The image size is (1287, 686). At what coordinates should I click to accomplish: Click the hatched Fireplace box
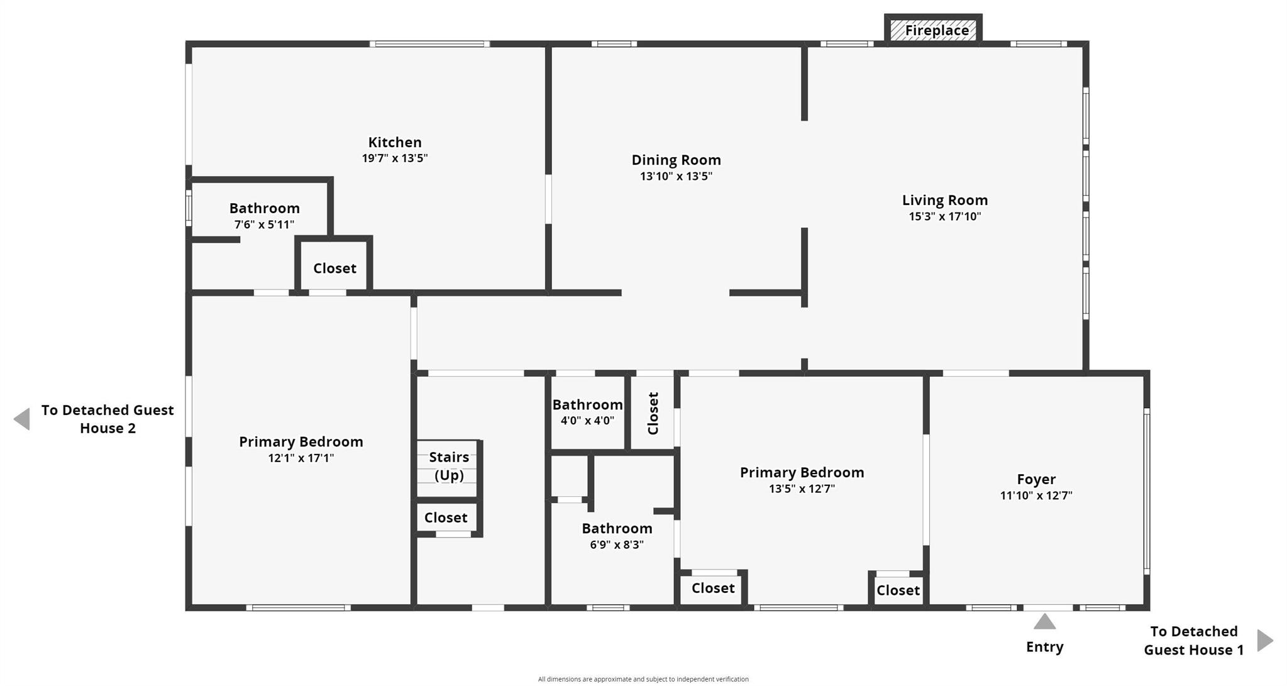(x=934, y=30)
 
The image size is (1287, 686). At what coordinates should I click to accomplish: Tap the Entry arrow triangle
(x=1044, y=622)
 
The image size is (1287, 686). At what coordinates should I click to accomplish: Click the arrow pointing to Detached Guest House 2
(x=22, y=419)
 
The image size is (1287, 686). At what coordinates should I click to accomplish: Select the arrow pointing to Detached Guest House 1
(x=1264, y=640)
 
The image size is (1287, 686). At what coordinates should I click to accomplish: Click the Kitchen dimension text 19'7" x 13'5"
(x=394, y=158)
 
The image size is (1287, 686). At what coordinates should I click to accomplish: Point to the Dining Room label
(x=676, y=160)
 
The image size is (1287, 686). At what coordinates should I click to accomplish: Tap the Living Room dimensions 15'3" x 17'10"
(x=944, y=216)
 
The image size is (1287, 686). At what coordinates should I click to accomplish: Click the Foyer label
(x=1036, y=479)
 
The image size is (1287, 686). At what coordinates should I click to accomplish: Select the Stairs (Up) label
(x=449, y=466)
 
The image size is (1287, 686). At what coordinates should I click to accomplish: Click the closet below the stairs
(x=446, y=517)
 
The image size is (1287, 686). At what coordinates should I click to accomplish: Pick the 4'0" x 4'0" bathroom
(x=587, y=412)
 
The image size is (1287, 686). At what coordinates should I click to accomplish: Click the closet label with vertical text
(x=653, y=413)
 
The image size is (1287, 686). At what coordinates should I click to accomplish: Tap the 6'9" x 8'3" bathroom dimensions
(x=616, y=545)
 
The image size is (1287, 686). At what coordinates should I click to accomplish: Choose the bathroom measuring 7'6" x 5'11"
(x=264, y=216)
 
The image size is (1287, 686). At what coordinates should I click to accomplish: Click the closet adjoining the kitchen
(x=334, y=268)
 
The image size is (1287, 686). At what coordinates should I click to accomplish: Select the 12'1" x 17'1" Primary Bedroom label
(x=301, y=441)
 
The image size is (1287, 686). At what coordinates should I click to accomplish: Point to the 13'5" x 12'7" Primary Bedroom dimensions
(x=802, y=489)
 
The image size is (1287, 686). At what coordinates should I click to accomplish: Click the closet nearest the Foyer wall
(x=898, y=590)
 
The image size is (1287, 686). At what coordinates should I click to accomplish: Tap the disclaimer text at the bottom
(x=643, y=679)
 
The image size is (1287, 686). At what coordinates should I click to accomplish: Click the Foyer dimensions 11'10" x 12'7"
(x=1036, y=495)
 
